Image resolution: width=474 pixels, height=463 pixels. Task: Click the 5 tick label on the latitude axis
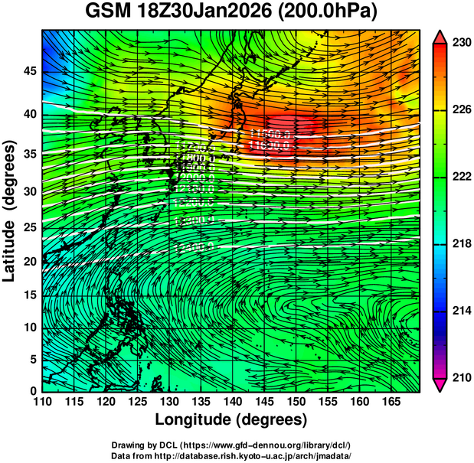[x=31, y=359]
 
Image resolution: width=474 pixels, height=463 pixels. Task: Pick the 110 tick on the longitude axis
[x=42, y=400]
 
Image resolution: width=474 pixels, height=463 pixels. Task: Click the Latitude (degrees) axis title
[x=10, y=210]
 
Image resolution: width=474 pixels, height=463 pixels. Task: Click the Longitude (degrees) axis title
[x=231, y=419]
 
